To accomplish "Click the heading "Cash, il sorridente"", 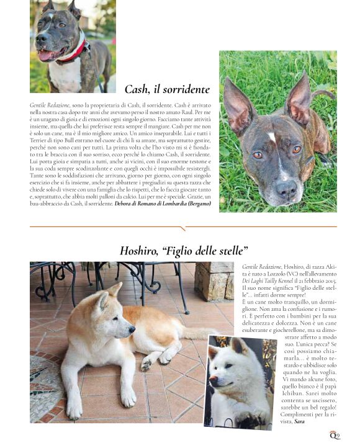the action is [x=167, y=89].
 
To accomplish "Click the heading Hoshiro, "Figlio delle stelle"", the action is [x=184, y=251].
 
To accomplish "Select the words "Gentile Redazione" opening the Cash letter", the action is [x=50, y=106].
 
